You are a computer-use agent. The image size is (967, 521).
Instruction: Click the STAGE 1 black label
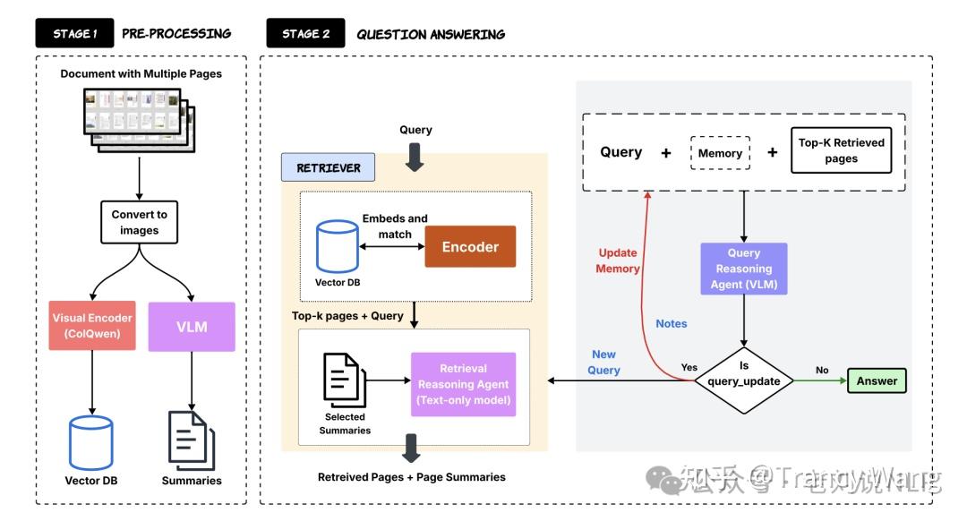point(74,34)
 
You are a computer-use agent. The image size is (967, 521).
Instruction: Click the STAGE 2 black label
point(305,34)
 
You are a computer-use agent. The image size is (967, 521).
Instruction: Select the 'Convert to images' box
point(140,222)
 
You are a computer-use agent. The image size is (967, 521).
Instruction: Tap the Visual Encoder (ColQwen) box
point(91,327)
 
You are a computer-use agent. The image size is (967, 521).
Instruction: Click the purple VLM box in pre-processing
point(192,327)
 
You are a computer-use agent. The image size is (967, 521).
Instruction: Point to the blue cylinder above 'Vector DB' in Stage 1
point(91,442)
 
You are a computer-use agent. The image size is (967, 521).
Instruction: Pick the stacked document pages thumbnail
point(140,118)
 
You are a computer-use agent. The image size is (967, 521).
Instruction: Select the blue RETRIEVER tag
point(329,167)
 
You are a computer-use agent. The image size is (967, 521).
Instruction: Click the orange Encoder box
point(470,247)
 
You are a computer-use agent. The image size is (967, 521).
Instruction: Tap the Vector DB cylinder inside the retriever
point(337,247)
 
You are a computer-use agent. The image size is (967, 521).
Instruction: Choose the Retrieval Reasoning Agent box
point(463,384)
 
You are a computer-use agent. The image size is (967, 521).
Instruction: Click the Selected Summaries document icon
point(344,380)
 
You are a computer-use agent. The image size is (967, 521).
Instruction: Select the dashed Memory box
point(720,153)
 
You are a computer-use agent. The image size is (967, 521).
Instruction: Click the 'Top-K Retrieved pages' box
point(841,150)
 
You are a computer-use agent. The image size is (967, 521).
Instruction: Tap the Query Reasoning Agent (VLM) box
point(743,269)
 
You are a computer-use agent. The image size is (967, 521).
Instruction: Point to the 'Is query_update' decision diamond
point(743,380)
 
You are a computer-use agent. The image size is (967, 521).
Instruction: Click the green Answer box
point(877,380)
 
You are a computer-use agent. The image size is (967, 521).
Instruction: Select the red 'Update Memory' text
point(619,260)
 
